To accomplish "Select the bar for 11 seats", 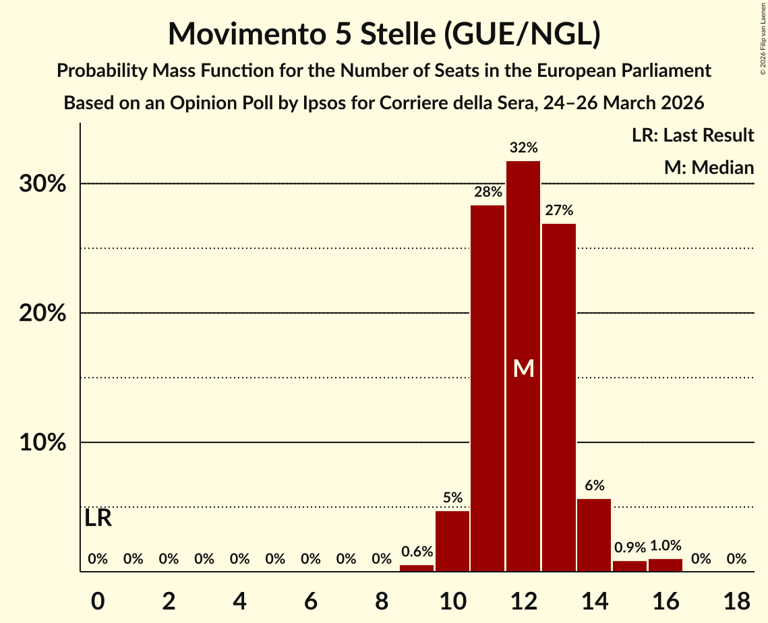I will point(488,388).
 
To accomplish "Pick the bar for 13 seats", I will point(559,397).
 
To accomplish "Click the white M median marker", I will point(523,368).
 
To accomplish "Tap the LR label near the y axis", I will point(98,518).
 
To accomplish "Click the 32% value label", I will point(523,148).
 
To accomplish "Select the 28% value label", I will point(488,192).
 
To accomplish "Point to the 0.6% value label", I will point(417,552).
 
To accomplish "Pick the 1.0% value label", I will point(666,545).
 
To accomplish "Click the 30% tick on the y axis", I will point(42,184).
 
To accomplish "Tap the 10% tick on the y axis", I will point(42,443).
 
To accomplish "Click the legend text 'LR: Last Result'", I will point(692,136).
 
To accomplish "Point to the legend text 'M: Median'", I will point(709,167).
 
